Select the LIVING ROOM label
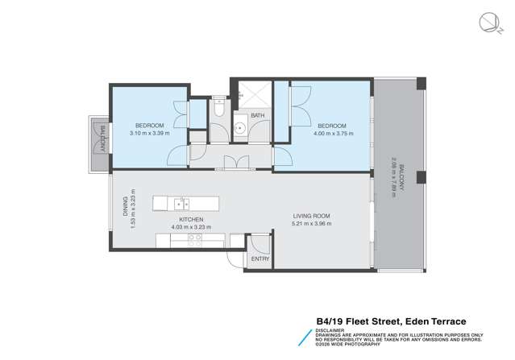(x=311, y=217)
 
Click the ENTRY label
(x=260, y=259)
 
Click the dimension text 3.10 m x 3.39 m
(x=150, y=134)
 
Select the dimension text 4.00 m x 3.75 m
(x=332, y=135)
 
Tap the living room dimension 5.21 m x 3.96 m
(x=311, y=226)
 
